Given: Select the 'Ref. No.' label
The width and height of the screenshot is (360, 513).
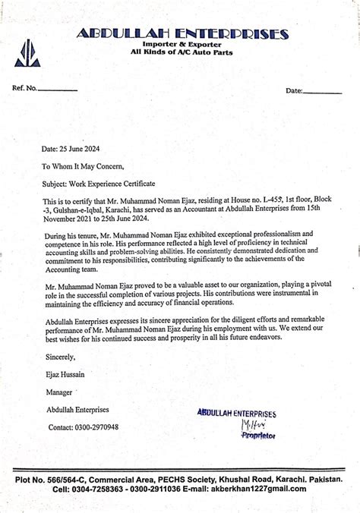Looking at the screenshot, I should coord(25,89).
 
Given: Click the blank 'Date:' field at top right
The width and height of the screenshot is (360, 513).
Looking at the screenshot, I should coord(322,91).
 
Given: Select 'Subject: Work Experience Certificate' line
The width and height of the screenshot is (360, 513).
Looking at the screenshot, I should coord(98,184).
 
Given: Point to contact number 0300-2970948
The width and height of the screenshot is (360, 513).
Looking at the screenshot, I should coord(95,427).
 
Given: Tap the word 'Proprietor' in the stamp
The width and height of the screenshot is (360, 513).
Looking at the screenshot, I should coord(257,436).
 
